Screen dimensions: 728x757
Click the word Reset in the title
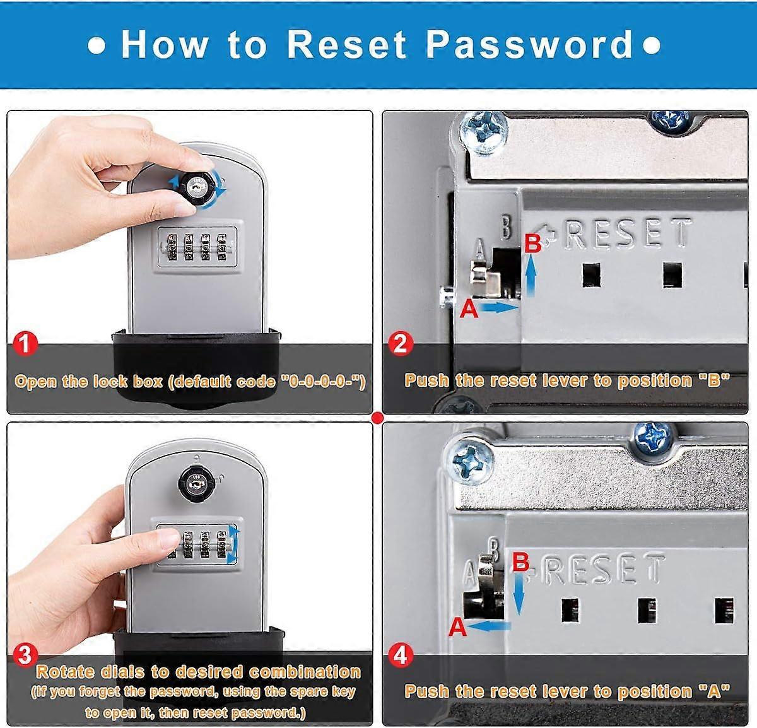[x=346, y=45]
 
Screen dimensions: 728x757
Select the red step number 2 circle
[x=400, y=344]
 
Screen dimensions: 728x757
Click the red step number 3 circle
[x=25, y=655]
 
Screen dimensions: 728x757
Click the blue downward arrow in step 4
[x=519, y=594]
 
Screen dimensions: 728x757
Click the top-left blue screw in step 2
[x=484, y=132]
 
